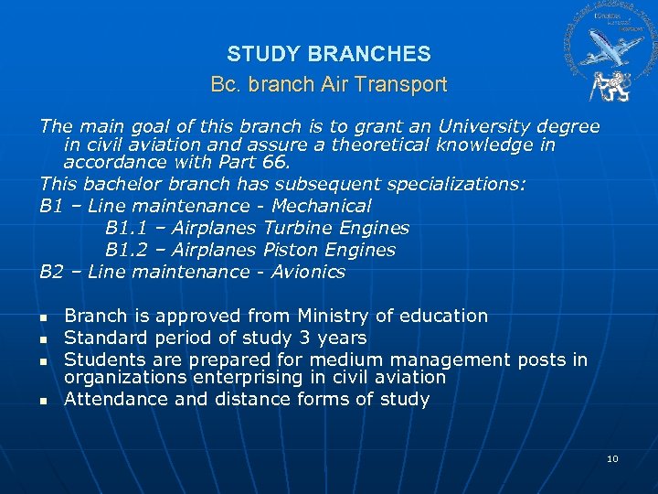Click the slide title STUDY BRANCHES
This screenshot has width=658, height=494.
click(329, 54)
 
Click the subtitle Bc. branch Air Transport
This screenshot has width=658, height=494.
click(329, 85)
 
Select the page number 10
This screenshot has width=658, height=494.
click(612, 457)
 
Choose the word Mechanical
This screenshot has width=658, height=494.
click(322, 206)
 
